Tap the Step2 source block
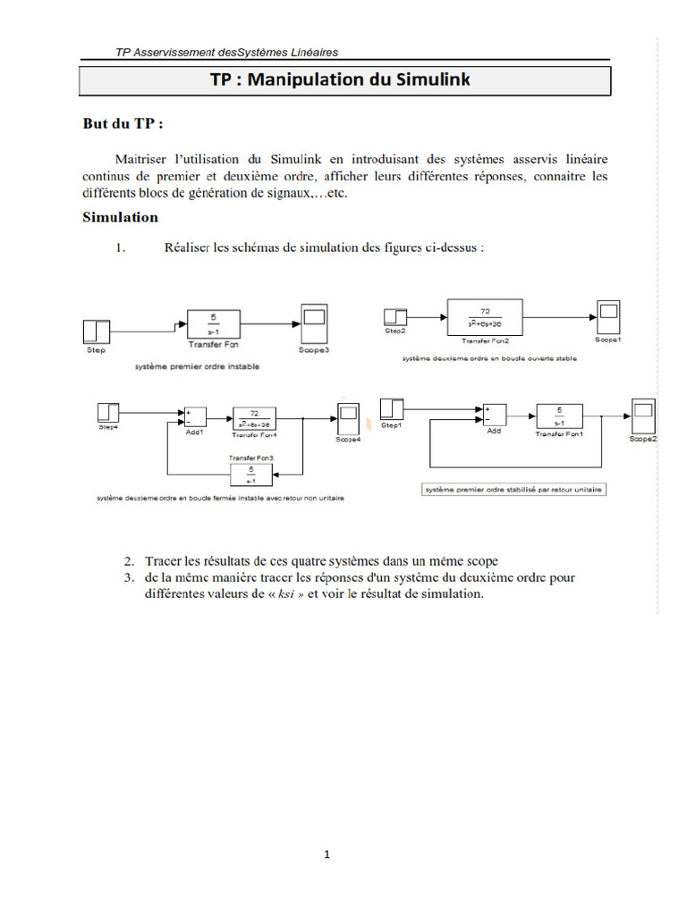(394, 317)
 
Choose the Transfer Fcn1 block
(560, 416)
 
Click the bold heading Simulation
(120, 217)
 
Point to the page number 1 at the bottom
(327, 855)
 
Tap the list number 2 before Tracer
(129, 561)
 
